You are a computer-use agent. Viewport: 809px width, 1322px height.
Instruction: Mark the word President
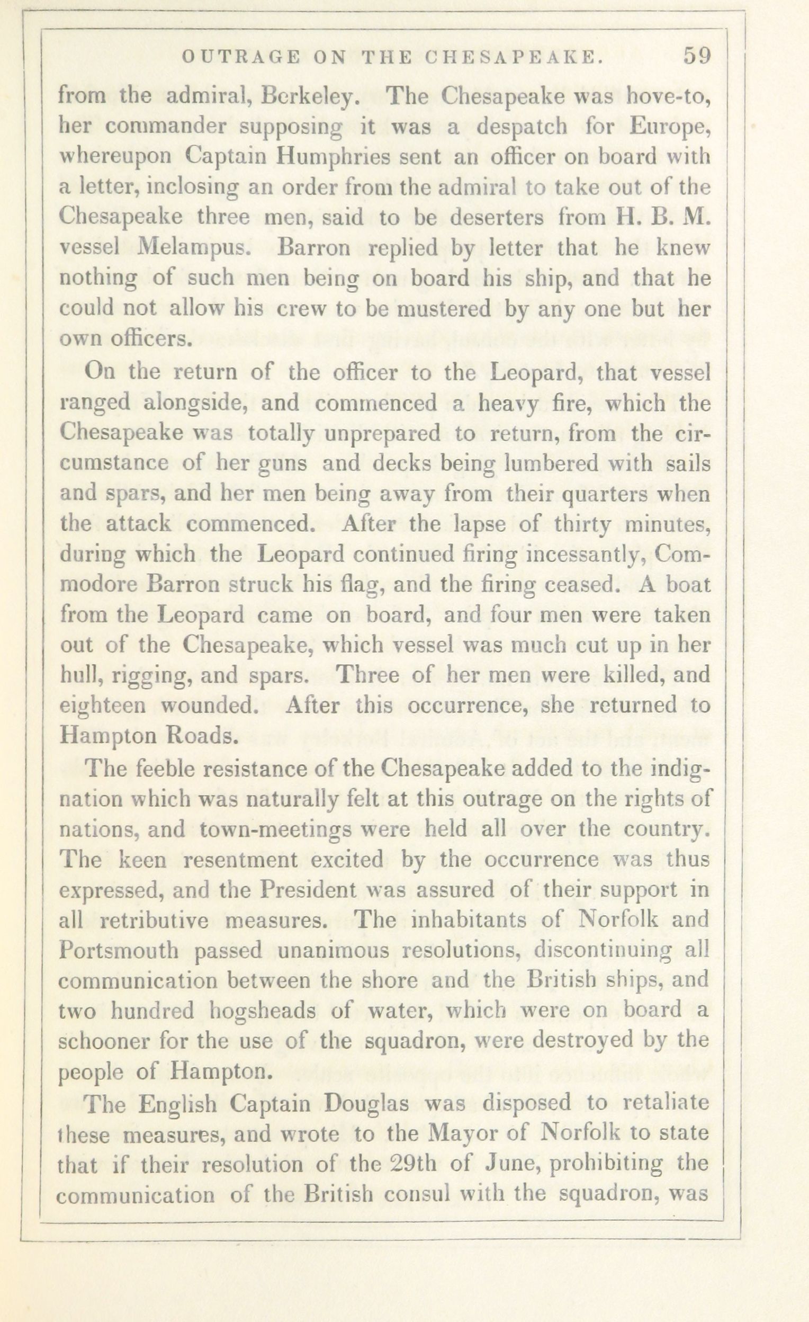pyautogui.click(x=309, y=891)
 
